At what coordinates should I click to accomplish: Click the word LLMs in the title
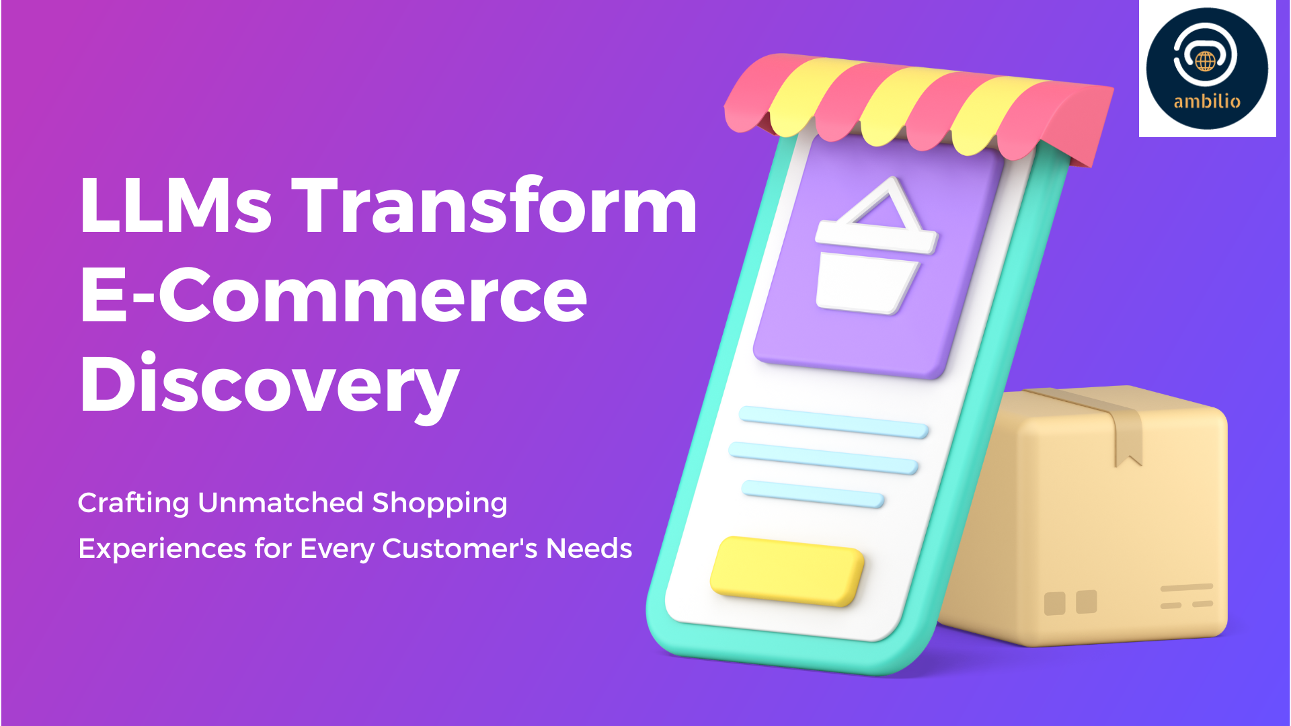click(x=175, y=205)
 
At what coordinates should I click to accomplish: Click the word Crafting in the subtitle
click(x=134, y=503)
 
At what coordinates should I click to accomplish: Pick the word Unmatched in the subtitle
click(x=281, y=502)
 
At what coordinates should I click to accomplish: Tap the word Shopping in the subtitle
click(x=440, y=503)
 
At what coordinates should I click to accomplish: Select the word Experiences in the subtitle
click(x=162, y=549)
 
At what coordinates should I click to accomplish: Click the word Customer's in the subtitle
click(x=460, y=549)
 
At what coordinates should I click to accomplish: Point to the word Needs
click(x=589, y=549)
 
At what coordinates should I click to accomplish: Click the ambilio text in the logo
click(x=1207, y=102)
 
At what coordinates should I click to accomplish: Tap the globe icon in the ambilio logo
click(x=1205, y=61)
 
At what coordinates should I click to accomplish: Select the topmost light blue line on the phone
click(x=834, y=422)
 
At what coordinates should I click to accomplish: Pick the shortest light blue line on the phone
click(x=812, y=494)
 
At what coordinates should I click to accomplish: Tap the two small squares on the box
click(x=1070, y=602)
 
